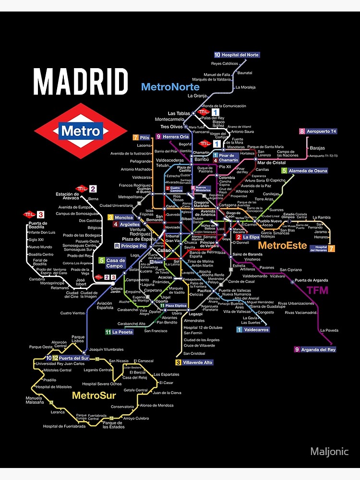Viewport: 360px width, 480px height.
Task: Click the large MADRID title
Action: point(81,82)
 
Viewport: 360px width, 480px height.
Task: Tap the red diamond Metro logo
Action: point(80,131)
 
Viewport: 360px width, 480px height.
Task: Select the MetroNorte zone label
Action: point(170,87)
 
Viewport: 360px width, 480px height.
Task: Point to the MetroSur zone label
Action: point(94,396)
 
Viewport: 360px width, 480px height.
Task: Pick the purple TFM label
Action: point(317,290)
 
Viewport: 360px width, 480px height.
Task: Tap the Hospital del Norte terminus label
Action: point(240,55)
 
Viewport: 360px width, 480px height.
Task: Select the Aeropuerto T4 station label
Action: point(321,131)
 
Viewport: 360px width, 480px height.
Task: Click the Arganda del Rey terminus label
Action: point(318,349)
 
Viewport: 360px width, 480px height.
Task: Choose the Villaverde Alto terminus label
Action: point(197,362)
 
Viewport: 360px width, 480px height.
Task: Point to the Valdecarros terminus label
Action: point(256,330)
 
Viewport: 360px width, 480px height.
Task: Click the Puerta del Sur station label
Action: point(73,358)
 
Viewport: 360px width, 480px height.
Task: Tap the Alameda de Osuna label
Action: point(308,170)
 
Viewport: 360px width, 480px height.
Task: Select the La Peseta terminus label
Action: point(122,332)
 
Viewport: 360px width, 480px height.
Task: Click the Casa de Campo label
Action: point(115,263)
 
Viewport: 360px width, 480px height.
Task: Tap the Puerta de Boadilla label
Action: point(38,225)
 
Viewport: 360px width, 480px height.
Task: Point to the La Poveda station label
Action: point(329,330)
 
